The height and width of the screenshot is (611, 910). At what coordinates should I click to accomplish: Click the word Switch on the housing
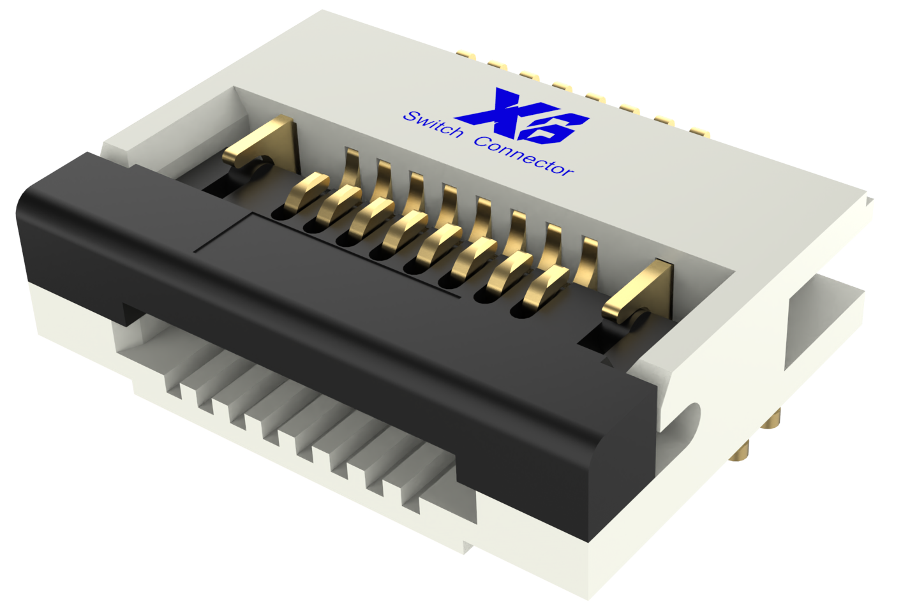[x=433, y=124]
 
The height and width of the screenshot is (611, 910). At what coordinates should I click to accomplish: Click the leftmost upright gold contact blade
[x=352, y=168]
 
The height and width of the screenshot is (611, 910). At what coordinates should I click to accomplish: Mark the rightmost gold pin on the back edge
[x=699, y=133]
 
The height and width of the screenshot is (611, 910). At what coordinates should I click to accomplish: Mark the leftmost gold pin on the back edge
[x=466, y=55]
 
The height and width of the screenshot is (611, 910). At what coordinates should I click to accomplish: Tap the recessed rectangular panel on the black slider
[x=319, y=255]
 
